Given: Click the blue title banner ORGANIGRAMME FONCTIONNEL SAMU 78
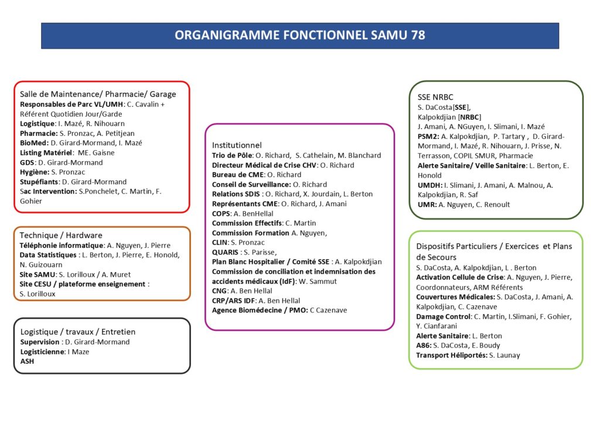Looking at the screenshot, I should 300,35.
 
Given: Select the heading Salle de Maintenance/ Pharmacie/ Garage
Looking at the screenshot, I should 98,94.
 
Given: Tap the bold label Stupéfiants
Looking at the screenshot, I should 39,182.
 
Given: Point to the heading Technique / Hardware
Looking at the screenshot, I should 61,235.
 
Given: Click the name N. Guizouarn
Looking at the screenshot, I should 41,264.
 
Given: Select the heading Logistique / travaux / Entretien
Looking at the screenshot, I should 78,332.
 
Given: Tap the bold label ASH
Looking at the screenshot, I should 27,361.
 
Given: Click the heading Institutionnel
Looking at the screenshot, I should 237,145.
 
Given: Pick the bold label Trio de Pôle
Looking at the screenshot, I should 231,155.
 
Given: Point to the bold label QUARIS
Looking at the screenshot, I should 226,252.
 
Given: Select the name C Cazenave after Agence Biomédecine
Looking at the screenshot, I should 328,310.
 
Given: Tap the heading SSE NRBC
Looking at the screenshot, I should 435,97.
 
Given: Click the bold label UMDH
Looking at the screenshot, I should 429,185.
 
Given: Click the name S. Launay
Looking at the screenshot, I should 504,355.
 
